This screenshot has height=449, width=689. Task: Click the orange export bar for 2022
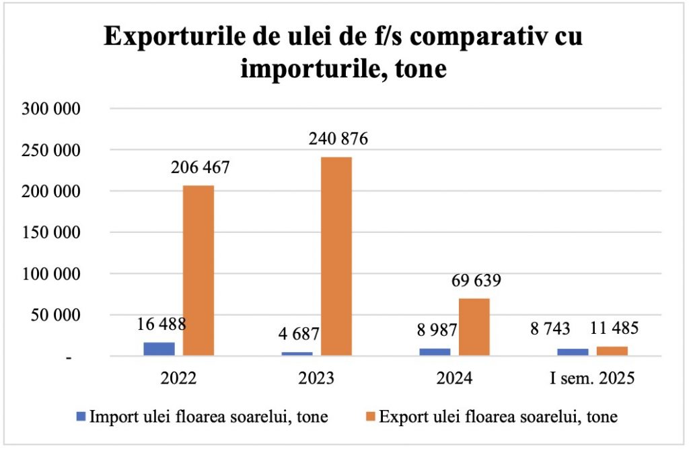pos(198,270)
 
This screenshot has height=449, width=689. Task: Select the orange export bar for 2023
pos(336,256)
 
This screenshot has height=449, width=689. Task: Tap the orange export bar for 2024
pos(474,326)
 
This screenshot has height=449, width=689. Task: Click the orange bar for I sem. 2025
pos(612,351)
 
